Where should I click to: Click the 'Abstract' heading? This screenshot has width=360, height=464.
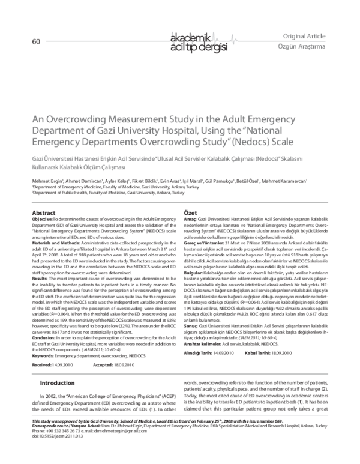click(x=43, y=213)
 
